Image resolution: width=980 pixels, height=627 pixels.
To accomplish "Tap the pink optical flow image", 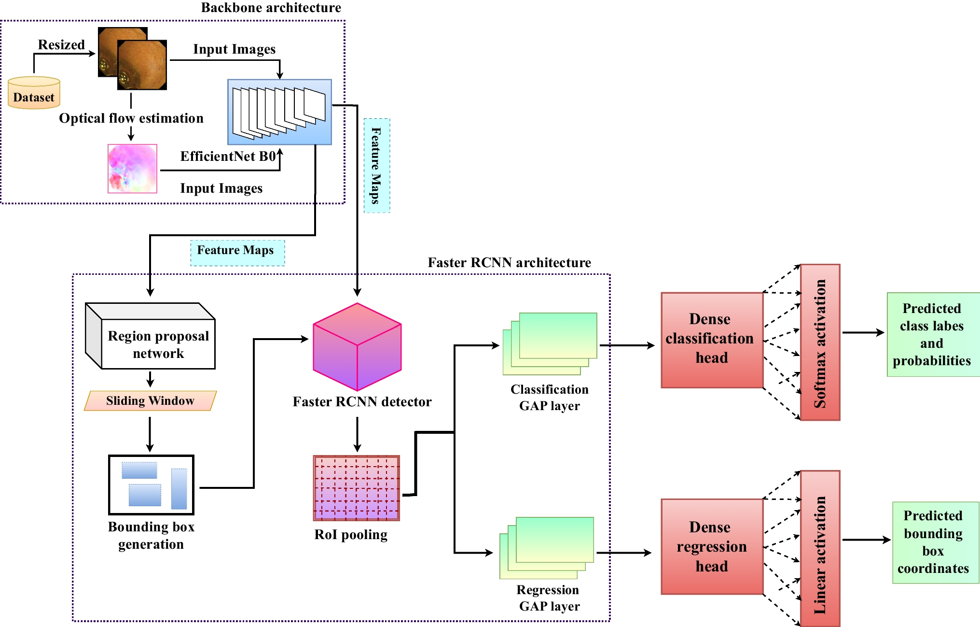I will click(132, 169).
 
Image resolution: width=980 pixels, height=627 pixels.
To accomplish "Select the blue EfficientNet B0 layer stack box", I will click(279, 112).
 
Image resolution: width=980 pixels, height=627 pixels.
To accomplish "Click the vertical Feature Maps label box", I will click(376, 166).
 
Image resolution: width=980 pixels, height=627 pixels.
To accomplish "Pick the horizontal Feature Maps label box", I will click(237, 253).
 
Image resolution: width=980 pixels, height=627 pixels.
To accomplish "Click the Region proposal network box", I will click(151, 336).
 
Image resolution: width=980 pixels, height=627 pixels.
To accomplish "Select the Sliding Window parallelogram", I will click(150, 401).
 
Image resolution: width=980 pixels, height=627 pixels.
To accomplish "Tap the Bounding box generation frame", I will click(151, 485).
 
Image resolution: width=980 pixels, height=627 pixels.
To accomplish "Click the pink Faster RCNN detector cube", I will click(357, 346).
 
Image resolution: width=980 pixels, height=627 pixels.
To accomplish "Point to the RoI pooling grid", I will click(357, 488).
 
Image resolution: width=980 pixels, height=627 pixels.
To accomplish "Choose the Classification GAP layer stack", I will click(550, 343).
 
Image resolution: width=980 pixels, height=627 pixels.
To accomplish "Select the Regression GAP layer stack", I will click(547, 548).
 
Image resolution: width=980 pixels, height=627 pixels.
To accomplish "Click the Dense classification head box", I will click(712, 340).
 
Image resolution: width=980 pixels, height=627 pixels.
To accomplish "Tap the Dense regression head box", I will click(712, 546).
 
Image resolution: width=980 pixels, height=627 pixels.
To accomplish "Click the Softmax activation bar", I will click(820, 342).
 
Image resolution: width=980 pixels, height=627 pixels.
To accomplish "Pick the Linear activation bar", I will click(820, 548).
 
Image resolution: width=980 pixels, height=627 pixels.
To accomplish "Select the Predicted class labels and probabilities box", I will click(933, 334).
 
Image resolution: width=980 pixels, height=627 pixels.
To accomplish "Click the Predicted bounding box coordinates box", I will click(935, 542).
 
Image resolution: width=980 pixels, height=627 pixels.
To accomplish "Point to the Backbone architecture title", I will click(271, 8).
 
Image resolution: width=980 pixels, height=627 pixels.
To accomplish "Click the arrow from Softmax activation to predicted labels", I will click(863, 333).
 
